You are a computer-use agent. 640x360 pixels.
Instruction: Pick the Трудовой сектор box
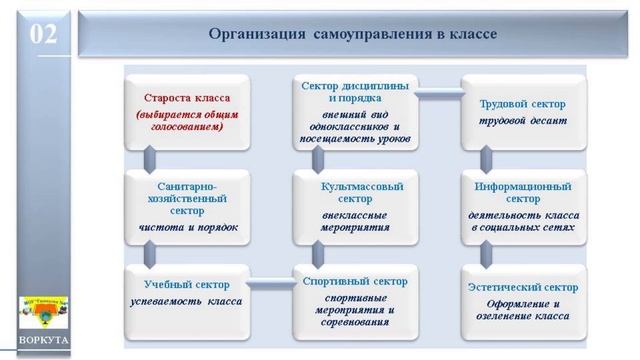point(521,111)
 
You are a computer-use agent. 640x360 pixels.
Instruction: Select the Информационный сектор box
point(521,205)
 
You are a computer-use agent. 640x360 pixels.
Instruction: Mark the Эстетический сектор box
point(521,297)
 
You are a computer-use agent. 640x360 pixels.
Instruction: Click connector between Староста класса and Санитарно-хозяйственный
point(149,158)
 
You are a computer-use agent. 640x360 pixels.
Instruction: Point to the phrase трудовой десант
point(521,121)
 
